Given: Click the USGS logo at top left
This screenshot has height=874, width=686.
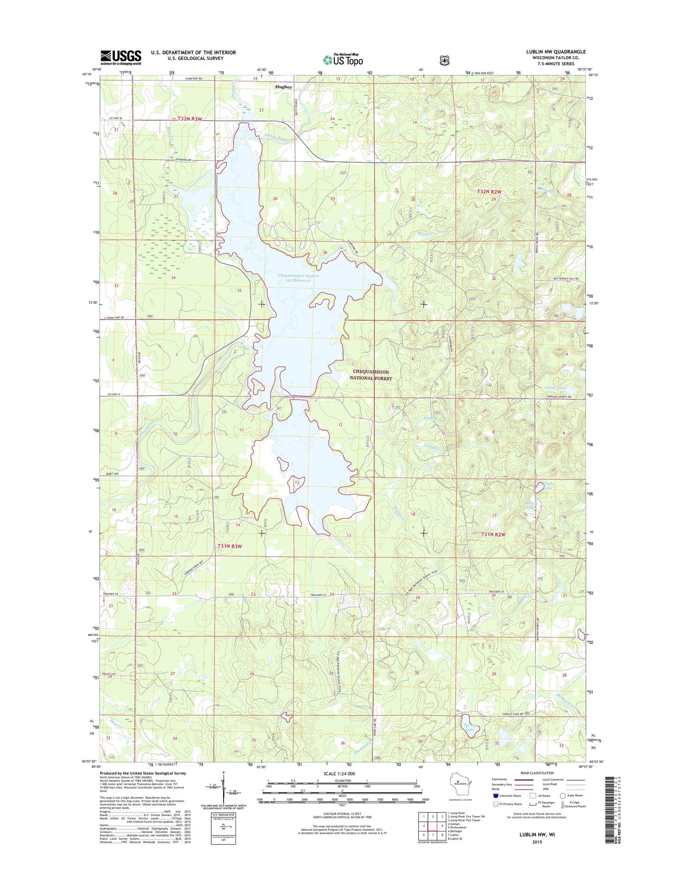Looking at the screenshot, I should click(121, 57).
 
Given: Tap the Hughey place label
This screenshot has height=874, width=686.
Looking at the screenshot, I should click(284, 86).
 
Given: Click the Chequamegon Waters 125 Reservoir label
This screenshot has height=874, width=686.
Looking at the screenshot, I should click(298, 278).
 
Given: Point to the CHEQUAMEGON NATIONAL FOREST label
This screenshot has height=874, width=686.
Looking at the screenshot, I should click(370, 375).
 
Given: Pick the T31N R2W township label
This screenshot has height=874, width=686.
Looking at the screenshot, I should click(493, 534).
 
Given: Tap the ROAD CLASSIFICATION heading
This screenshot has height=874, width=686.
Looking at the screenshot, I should click(537, 773).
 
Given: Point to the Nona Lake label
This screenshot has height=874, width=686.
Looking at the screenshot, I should click(556, 388).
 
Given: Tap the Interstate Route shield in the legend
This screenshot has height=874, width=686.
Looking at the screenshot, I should click(496, 796).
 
